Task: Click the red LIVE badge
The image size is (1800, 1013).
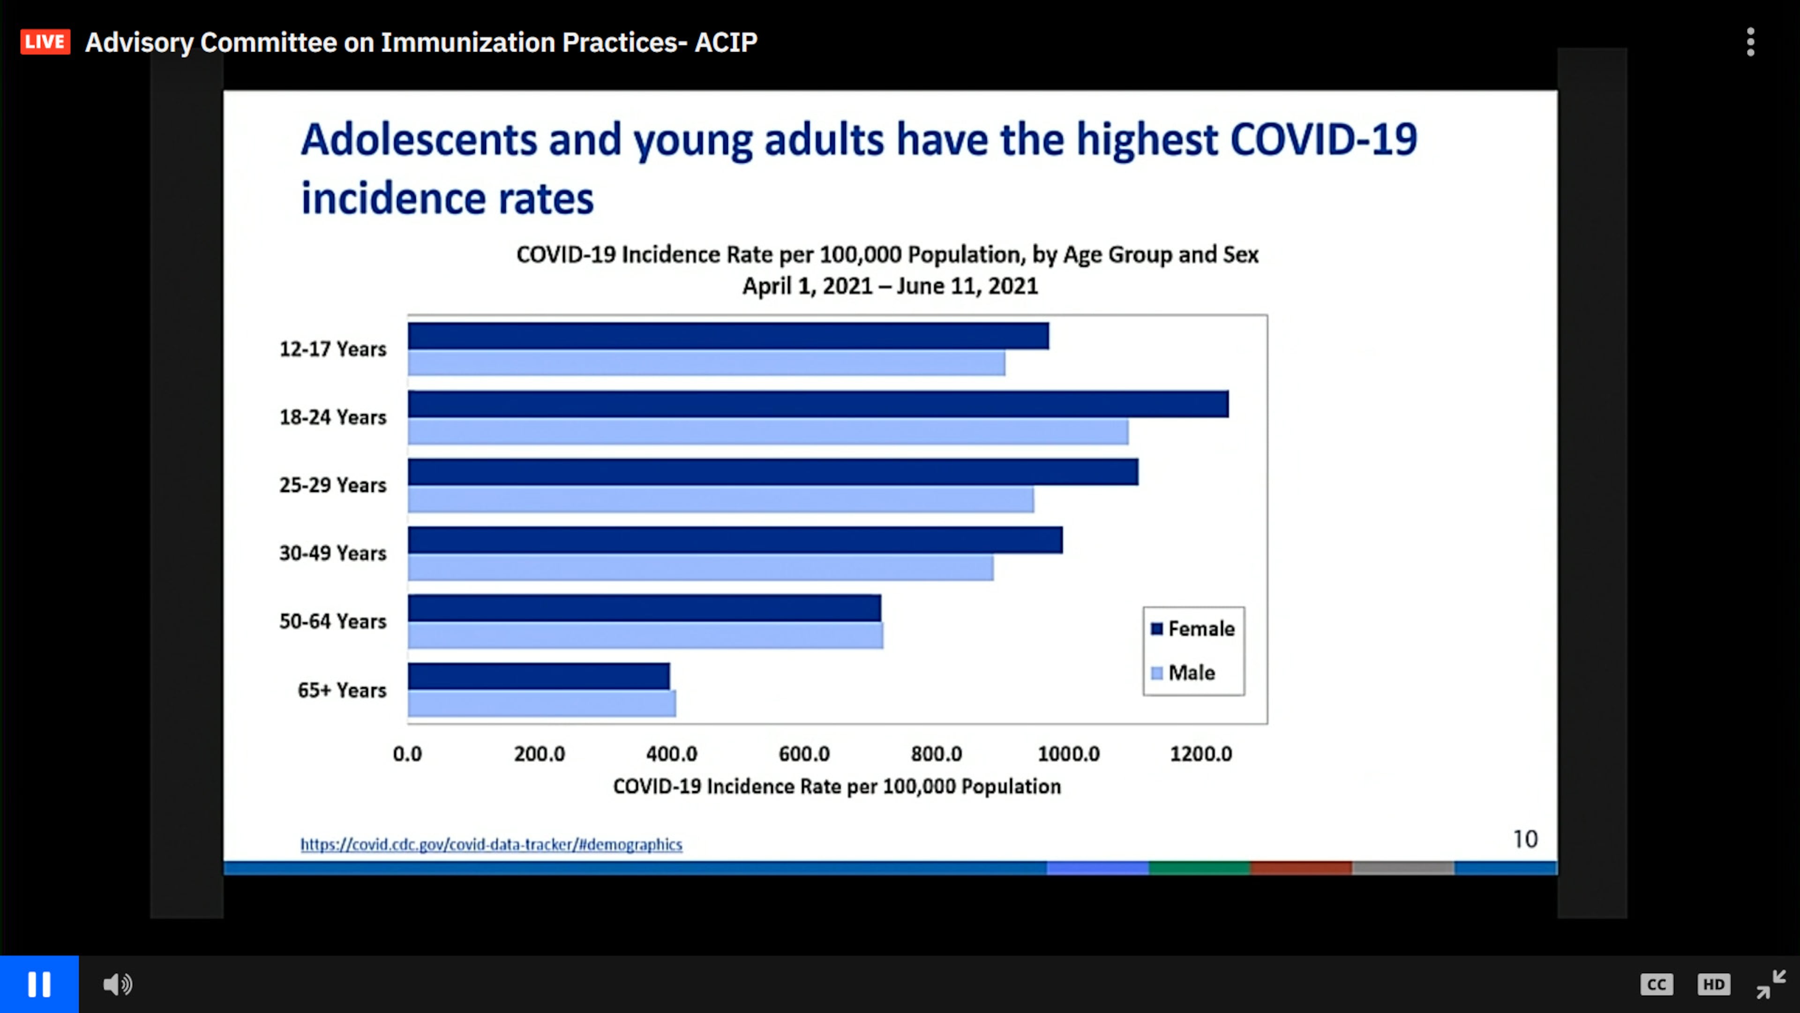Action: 45,42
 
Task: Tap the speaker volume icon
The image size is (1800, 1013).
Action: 117,984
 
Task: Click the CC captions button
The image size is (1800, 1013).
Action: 1656,984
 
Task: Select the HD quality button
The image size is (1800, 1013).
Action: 1713,984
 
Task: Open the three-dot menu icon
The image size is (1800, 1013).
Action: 1750,42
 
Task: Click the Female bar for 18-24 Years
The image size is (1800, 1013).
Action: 817,404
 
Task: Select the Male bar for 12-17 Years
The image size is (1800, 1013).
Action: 706,363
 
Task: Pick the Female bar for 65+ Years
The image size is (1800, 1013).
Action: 538,676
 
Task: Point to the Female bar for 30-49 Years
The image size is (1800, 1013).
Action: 735,540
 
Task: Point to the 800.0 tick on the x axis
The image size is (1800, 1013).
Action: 937,754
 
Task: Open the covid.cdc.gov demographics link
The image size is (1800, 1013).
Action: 491,845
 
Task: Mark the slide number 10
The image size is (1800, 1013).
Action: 1525,839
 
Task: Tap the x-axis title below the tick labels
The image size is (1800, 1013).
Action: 836,786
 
